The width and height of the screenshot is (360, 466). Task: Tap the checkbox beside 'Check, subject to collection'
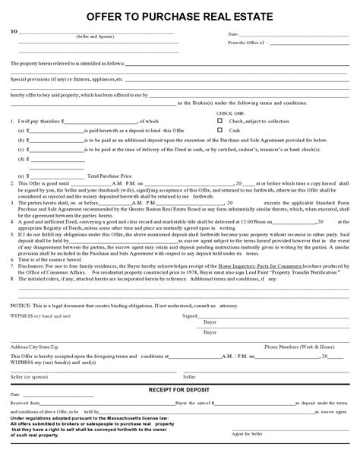pos(219,120)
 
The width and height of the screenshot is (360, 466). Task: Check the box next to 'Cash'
pos(219,130)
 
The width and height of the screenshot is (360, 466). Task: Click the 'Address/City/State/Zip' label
pos(35,346)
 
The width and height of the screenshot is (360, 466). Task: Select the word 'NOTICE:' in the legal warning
pos(21,304)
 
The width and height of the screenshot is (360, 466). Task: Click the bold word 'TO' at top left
pos(13,32)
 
